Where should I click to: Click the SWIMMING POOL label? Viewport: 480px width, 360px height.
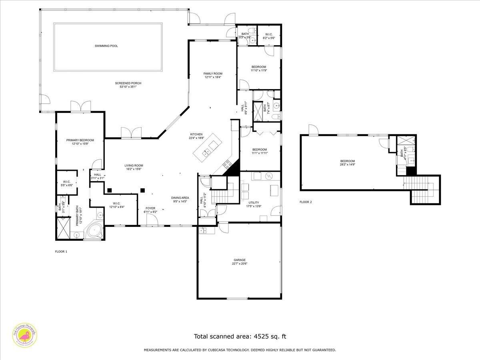tap(106, 46)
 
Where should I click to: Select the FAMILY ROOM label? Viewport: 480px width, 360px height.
tap(213, 74)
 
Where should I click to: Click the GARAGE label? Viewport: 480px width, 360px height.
tap(240, 260)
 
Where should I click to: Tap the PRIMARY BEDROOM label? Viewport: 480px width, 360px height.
tap(80, 140)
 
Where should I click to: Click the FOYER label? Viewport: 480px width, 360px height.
tap(150, 208)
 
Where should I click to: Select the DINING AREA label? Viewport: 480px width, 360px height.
tap(180, 198)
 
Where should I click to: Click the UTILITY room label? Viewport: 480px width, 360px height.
tap(254, 203)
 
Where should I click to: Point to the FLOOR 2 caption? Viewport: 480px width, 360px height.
tap(306, 202)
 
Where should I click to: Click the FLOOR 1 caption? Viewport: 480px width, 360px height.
tap(61, 252)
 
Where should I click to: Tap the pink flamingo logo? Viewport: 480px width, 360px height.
tap(25, 334)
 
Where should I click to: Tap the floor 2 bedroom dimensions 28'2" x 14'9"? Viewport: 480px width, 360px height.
tap(347, 164)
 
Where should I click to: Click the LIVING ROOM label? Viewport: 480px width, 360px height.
tap(134, 165)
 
